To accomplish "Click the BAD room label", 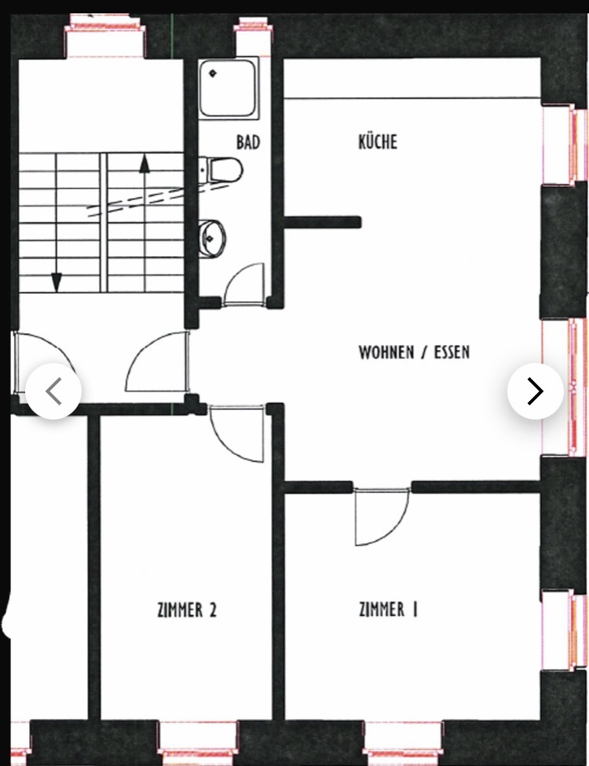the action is coord(248,142).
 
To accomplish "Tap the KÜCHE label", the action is coord(378,141).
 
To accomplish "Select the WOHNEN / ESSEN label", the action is coord(414,352).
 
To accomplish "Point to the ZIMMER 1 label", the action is coord(388,610).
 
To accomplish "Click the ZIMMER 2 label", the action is coord(187,610).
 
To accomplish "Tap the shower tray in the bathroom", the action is coord(228,89).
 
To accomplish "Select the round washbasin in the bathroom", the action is coord(212,238).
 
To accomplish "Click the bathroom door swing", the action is coord(243,284).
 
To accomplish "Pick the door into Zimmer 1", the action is coord(382,516).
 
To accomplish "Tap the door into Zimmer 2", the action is coord(237,433).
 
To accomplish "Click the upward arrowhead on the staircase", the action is coord(144,164).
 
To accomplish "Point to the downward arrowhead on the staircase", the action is coord(57,282).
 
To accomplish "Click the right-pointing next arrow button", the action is coord(536,390).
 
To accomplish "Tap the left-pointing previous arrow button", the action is coord(53,390).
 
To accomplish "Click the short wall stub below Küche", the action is coord(323,222).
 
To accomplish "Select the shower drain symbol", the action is coord(213,74).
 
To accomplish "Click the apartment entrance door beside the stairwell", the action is coord(157,361).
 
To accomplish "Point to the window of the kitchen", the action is coord(565,145).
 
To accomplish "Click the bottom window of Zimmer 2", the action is coord(197,742).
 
